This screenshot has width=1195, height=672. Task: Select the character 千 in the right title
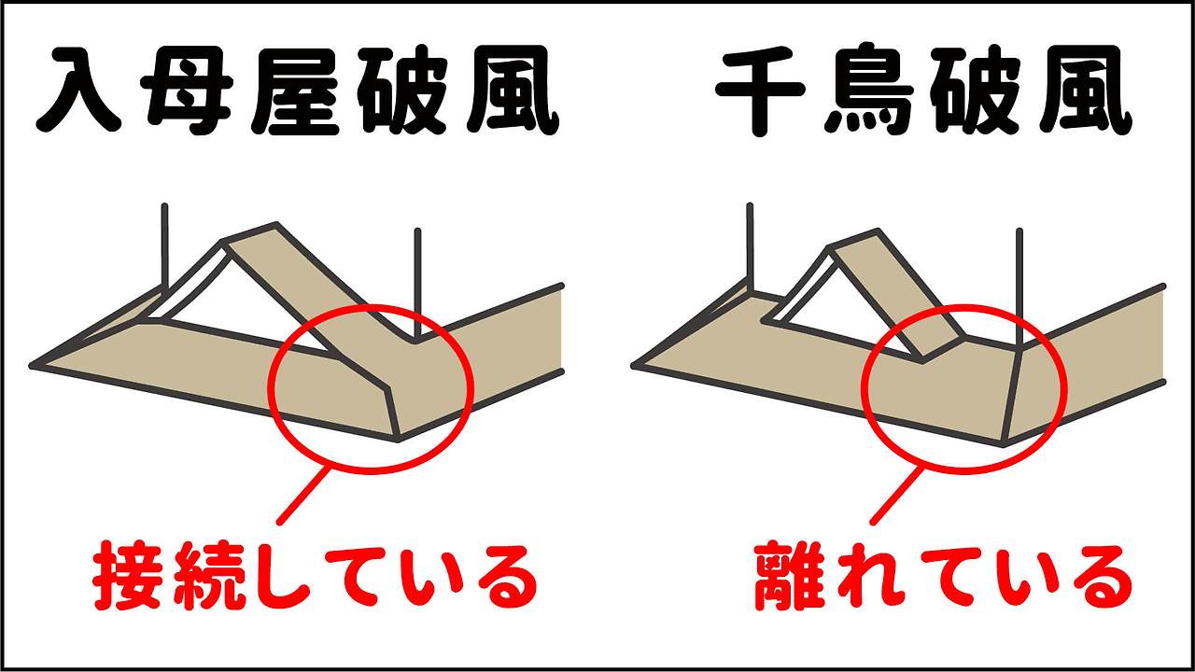(755, 89)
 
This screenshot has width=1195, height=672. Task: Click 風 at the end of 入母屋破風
(512, 89)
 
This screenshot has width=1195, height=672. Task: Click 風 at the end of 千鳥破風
(1083, 89)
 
